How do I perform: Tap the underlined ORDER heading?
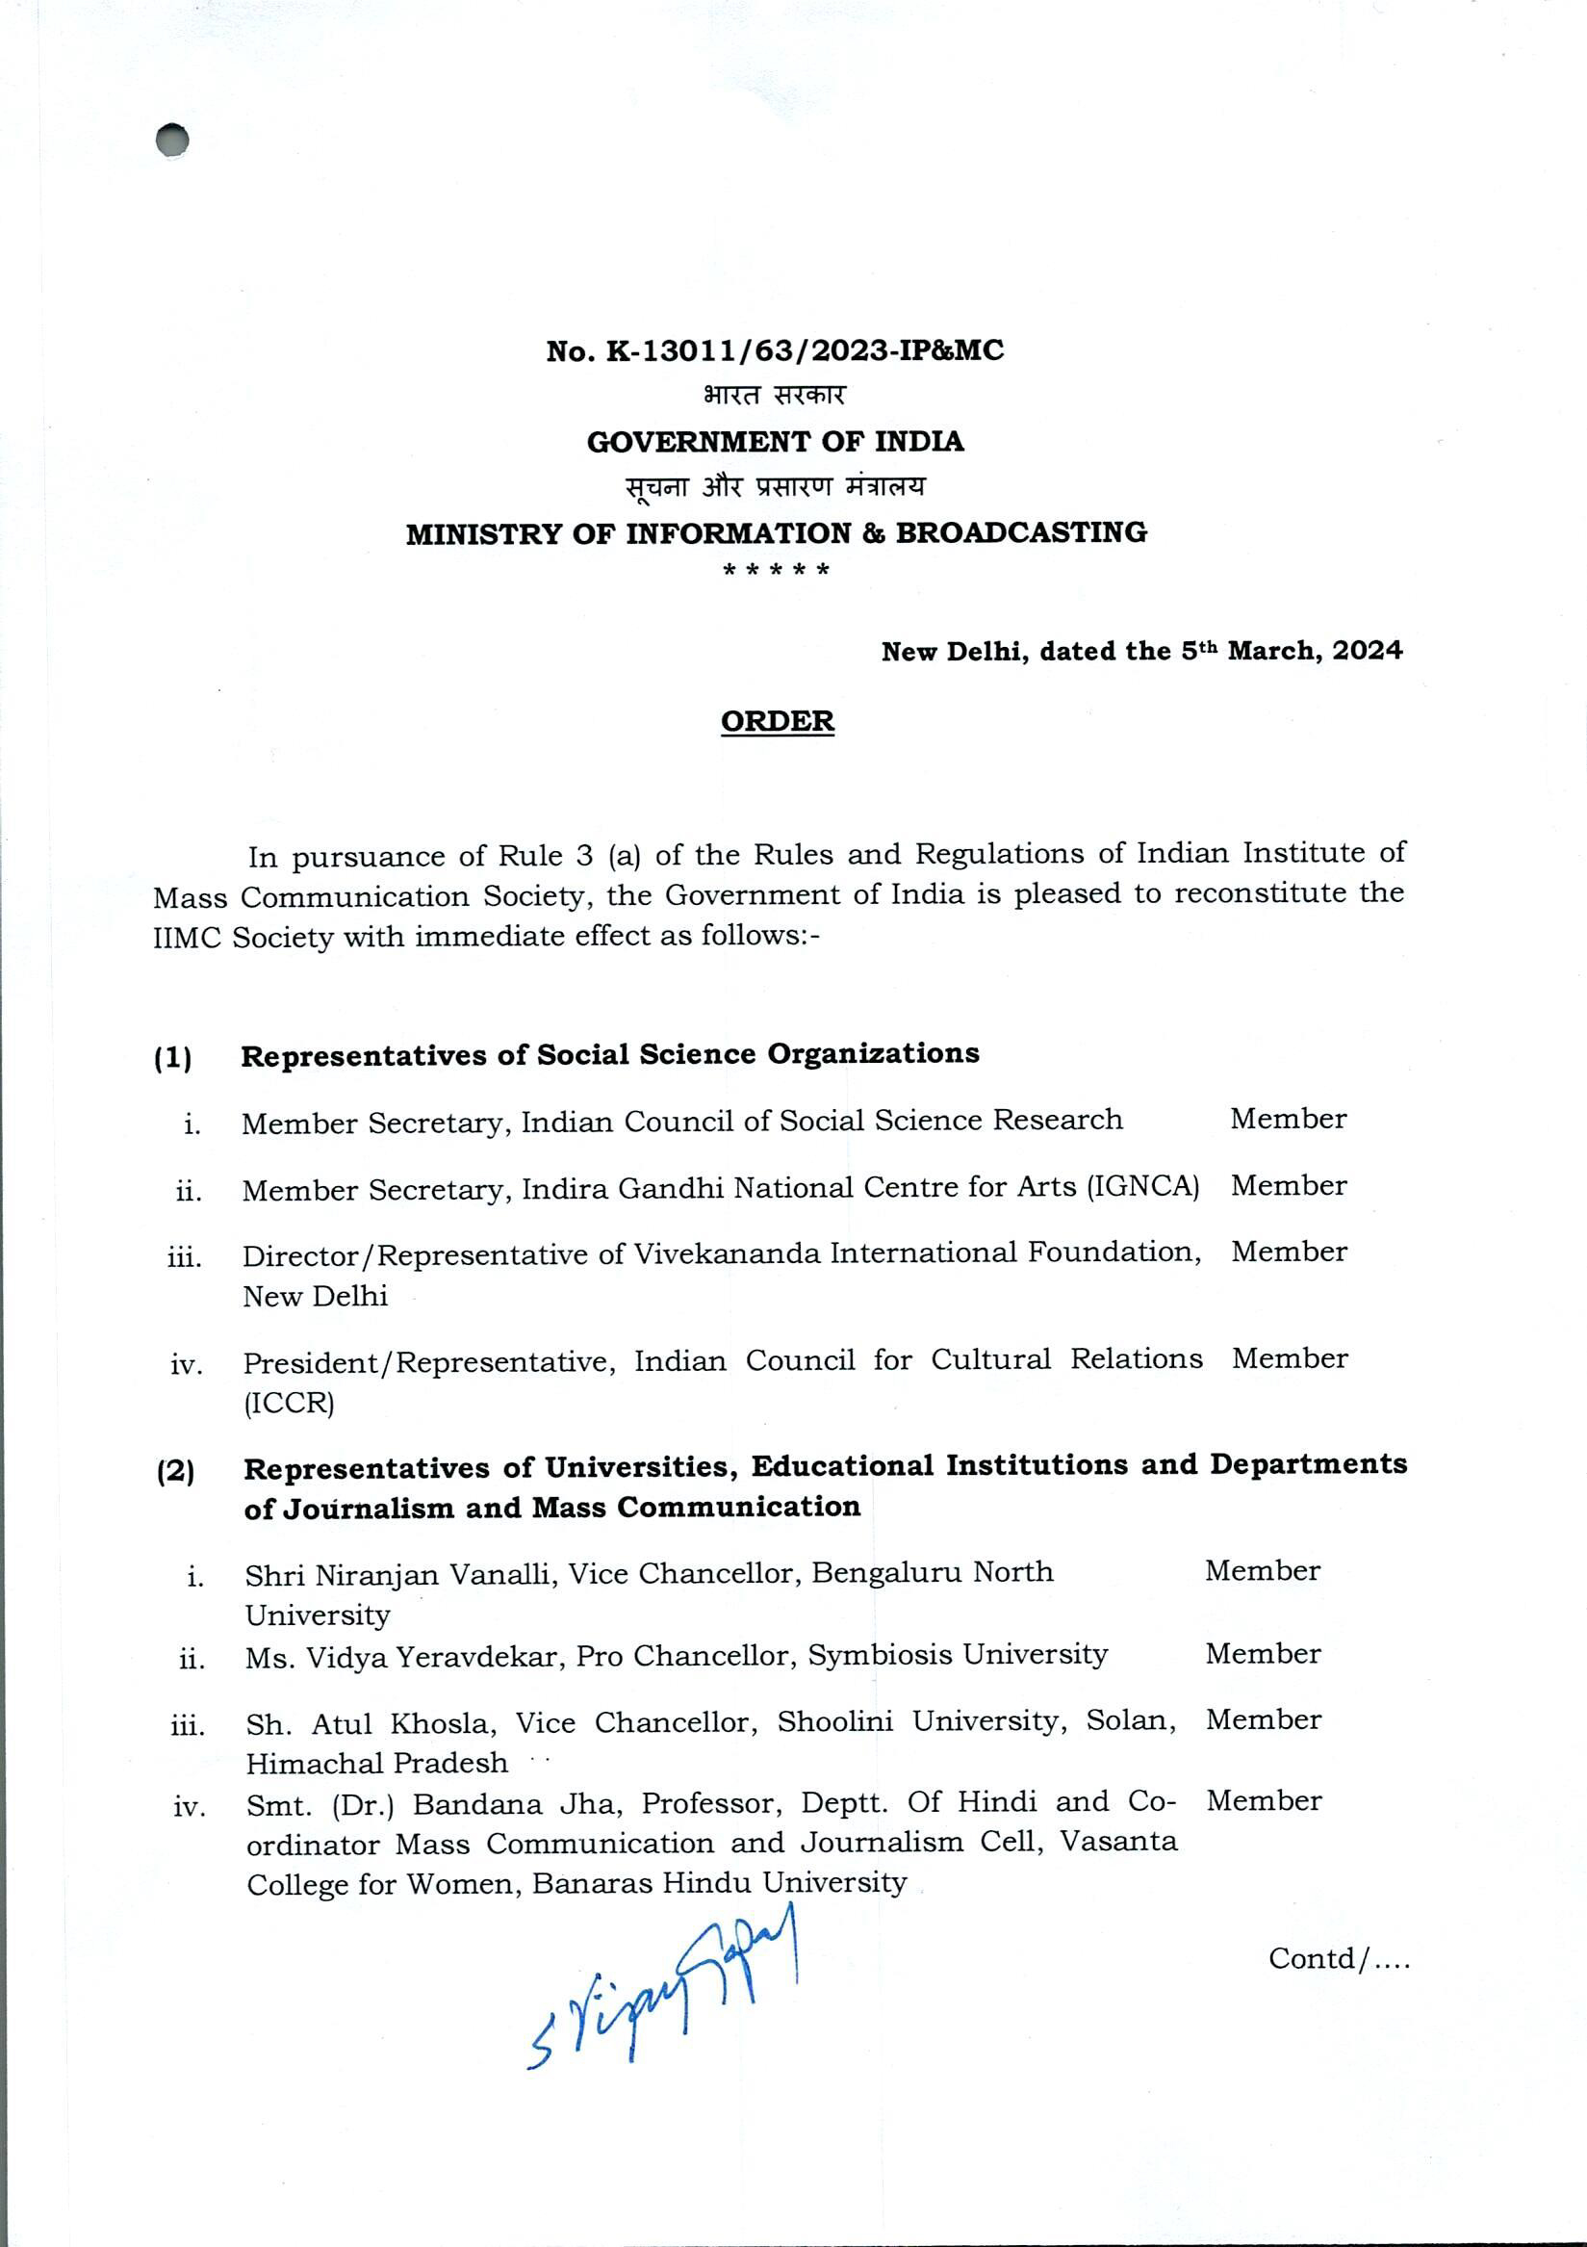point(777,721)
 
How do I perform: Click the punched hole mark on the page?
point(172,140)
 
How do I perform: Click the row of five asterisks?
point(776,570)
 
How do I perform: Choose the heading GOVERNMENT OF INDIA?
point(775,442)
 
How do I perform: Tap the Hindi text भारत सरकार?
point(774,396)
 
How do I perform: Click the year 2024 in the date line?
point(1367,651)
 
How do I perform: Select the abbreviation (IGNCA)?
point(1141,1187)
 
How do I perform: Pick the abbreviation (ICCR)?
point(289,1404)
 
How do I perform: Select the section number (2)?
point(175,1471)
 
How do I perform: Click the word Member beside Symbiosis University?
point(1262,1654)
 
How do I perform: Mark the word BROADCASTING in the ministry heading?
point(1021,533)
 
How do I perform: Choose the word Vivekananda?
point(727,1253)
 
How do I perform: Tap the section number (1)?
point(173,1058)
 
